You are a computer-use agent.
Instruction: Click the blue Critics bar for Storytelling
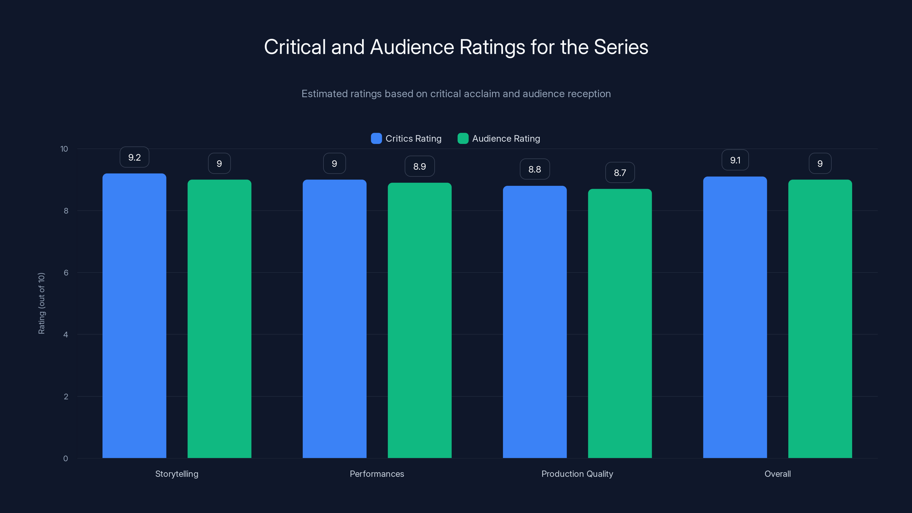134,315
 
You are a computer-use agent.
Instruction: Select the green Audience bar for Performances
420,320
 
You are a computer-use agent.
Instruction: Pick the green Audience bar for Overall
820,319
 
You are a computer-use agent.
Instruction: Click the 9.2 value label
134,157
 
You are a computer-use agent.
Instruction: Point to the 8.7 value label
620,173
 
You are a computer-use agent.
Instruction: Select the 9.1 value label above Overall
735,160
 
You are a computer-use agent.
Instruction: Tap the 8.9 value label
420,166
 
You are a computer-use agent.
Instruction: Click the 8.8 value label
535,169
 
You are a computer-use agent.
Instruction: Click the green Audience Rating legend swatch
463,139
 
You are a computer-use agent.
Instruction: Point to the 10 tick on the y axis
64,149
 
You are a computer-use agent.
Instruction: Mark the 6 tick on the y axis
66,273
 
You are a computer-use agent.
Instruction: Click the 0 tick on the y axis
66,459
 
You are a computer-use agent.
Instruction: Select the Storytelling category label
177,474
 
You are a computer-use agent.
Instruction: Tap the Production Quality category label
577,474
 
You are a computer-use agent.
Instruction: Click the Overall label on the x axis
777,474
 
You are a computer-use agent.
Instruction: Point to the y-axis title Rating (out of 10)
41,303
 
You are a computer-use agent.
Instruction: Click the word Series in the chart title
621,47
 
